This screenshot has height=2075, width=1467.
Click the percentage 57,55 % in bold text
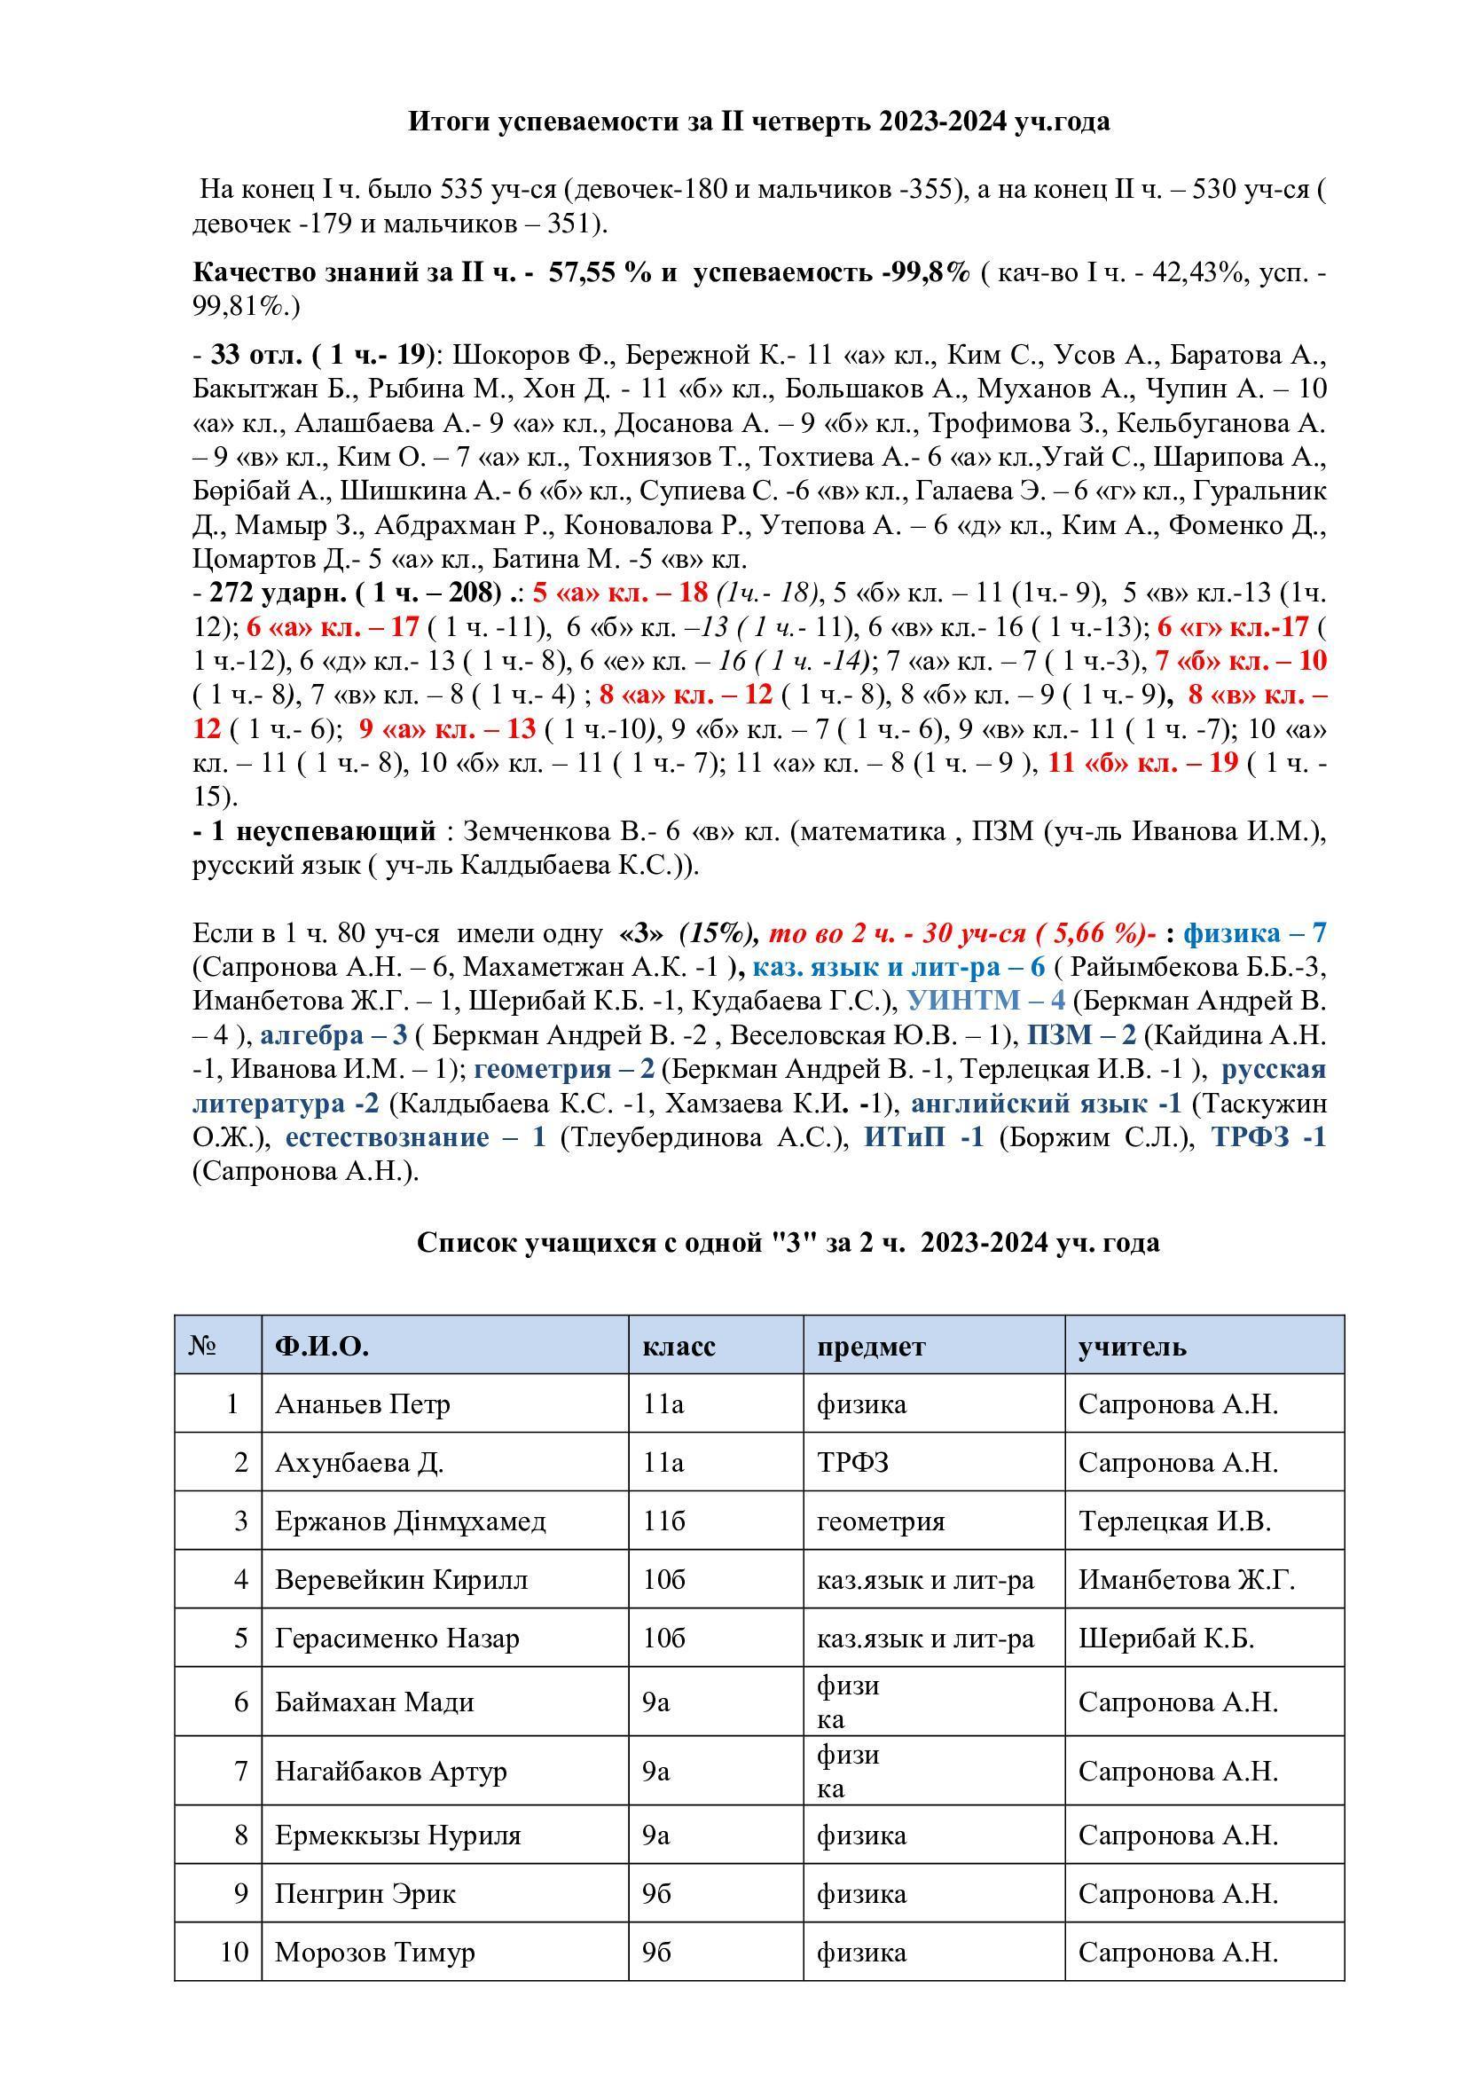pyautogui.click(x=599, y=273)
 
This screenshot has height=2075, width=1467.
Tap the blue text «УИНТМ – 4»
pyautogui.click(x=985, y=1001)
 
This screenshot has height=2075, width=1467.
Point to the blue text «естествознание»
pyautogui.click(x=387, y=1137)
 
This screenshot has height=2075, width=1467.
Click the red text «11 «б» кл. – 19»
pyautogui.click(x=1141, y=763)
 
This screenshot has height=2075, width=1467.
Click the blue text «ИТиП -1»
pyautogui.click(x=923, y=1137)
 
